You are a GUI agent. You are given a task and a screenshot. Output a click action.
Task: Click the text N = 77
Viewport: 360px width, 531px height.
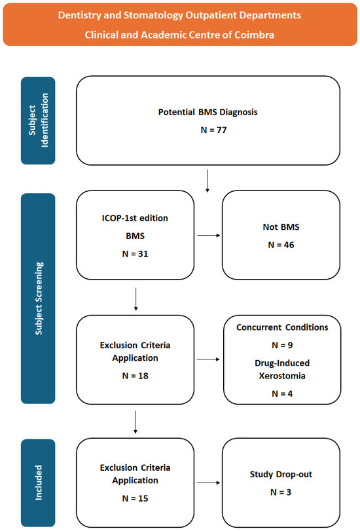pyautogui.click(x=213, y=130)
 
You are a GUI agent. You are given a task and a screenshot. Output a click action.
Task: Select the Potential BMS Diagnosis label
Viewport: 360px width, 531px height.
pyautogui.click(x=208, y=112)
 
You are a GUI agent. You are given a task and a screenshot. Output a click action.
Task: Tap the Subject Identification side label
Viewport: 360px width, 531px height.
pyautogui.click(x=38, y=120)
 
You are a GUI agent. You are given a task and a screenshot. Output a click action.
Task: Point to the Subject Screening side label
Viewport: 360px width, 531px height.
pyautogui.click(x=39, y=299)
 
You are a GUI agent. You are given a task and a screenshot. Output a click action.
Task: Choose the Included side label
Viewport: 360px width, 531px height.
pyautogui.click(x=39, y=483)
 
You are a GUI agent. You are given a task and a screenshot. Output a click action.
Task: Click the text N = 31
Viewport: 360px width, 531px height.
pyautogui.click(x=135, y=253)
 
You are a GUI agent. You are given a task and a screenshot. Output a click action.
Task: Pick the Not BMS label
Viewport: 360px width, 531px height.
pyautogui.click(x=281, y=227)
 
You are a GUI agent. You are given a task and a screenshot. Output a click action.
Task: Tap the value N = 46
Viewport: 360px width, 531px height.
pyautogui.click(x=281, y=245)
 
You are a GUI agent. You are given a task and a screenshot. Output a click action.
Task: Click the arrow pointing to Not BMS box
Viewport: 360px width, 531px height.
pyautogui.click(x=209, y=235)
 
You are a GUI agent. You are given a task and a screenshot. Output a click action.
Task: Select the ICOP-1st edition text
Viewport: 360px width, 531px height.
pyautogui.click(x=135, y=218)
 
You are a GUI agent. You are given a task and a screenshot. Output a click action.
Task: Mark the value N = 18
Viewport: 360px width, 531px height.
pyautogui.click(x=135, y=376)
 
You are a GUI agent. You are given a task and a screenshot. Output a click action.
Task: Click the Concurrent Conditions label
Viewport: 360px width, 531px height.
pyautogui.click(x=282, y=327)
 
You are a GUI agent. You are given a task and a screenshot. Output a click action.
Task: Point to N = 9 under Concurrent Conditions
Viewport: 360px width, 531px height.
pyautogui.click(x=282, y=345)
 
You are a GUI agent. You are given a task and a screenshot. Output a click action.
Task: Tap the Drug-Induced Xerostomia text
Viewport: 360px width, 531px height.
pyautogui.click(x=282, y=369)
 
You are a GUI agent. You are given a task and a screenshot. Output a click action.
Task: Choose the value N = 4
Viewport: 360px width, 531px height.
pyautogui.click(x=282, y=394)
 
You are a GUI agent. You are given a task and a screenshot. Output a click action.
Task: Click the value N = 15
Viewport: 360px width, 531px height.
pyautogui.click(x=135, y=498)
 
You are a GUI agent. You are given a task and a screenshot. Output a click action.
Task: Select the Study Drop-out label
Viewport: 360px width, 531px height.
pyautogui.click(x=281, y=475)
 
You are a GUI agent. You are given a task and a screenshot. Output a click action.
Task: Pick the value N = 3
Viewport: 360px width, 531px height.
pyautogui.click(x=281, y=492)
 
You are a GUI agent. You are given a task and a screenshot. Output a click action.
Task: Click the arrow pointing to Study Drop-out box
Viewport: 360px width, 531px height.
pyautogui.click(x=209, y=483)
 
